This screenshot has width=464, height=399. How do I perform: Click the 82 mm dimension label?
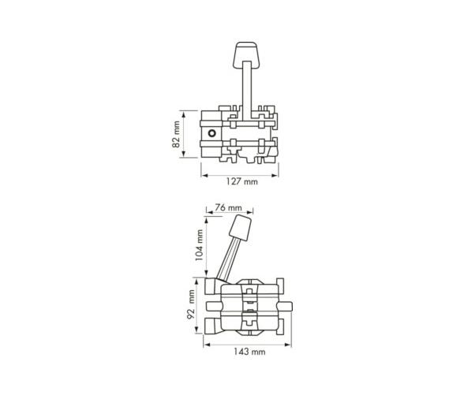[177, 134]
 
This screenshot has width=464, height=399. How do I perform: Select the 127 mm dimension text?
[241, 181]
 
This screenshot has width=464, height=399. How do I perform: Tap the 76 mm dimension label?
[228, 207]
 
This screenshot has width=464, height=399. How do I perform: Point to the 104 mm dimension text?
[200, 245]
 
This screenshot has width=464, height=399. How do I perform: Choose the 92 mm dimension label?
[191, 304]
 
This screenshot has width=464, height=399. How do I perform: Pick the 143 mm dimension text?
[249, 352]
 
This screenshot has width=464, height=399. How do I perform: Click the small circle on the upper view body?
[211, 133]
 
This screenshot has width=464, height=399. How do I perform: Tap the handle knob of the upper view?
[245, 55]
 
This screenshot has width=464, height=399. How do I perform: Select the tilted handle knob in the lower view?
[241, 227]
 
